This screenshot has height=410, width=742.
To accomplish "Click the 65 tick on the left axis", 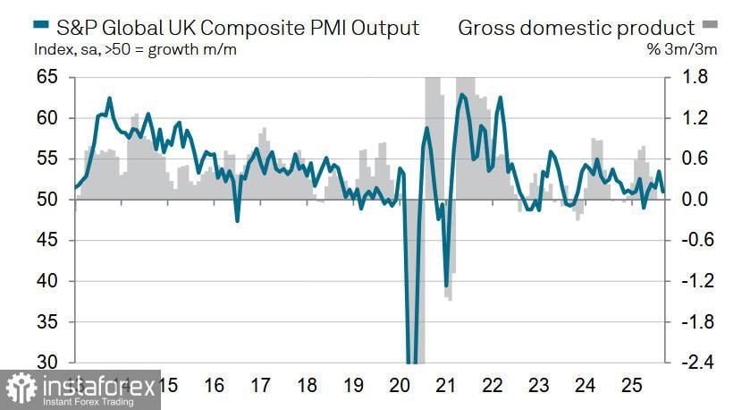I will pyautogui.click(x=46, y=78).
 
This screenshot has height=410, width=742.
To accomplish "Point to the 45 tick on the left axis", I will pyautogui.click(x=46, y=240).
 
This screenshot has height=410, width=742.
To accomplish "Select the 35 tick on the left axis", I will pyautogui.click(x=46, y=321).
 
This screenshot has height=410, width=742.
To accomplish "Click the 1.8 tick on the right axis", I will pyautogui.click(x=696, y=78).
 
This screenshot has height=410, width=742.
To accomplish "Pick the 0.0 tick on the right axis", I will pyautogui.click(x=696, y=200).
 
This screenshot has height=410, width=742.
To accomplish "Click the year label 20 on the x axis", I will pyautogui.click(x=400, y=387).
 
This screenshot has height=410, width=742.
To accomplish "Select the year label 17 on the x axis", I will pyautogui.click(x=260, y=387).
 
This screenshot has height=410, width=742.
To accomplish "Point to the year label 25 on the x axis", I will pyautogui.click(x=632, y=387).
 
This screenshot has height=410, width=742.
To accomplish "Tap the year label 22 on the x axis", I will pyautogui.click(x=493, y=387).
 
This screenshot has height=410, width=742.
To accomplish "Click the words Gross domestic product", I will pyautogui.click(x=576, y=28).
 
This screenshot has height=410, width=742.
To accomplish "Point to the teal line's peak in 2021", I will pyautogui.click(x=462, y=94).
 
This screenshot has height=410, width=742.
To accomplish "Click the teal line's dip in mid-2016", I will pyautogui.click(x=237, y=220).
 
